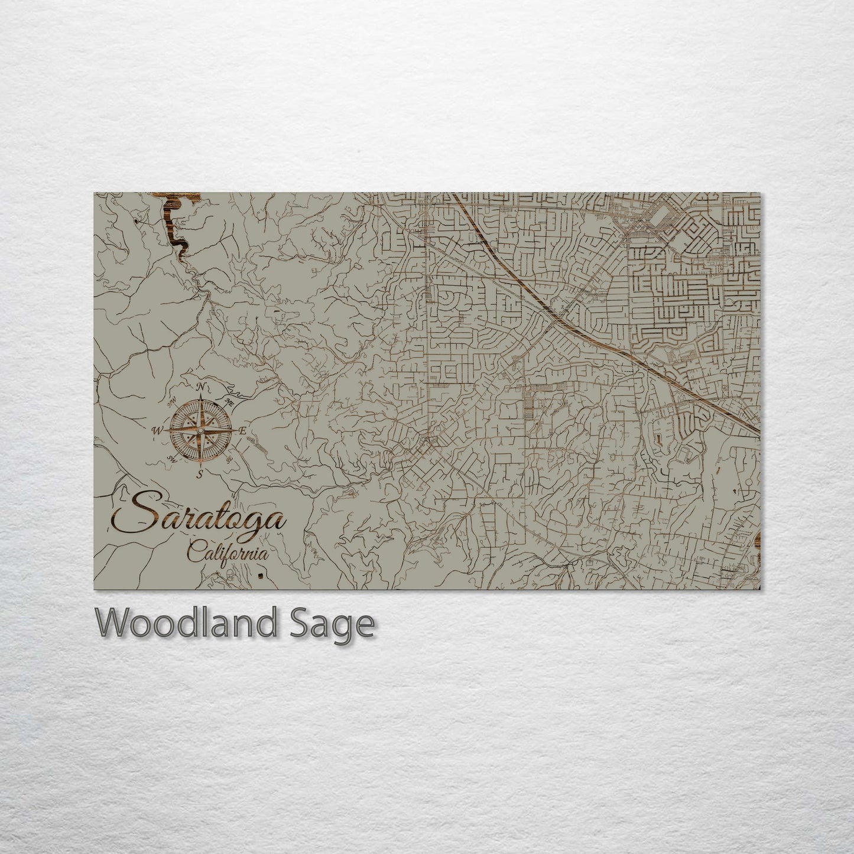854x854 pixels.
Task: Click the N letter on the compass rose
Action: click(x=202, y=387)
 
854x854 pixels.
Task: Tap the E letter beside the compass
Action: click(x=242, y=431)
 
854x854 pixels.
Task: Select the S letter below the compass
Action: click(x=200, y=473)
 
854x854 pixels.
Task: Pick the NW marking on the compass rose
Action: click(x=171, y=402)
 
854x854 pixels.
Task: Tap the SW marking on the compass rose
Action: click(x=172, y=459)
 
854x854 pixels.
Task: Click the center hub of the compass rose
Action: click(x=200, y=430)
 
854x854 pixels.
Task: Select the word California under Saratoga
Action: click(x=228, y=554)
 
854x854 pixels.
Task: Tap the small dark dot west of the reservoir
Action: click(x=137, y=221)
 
